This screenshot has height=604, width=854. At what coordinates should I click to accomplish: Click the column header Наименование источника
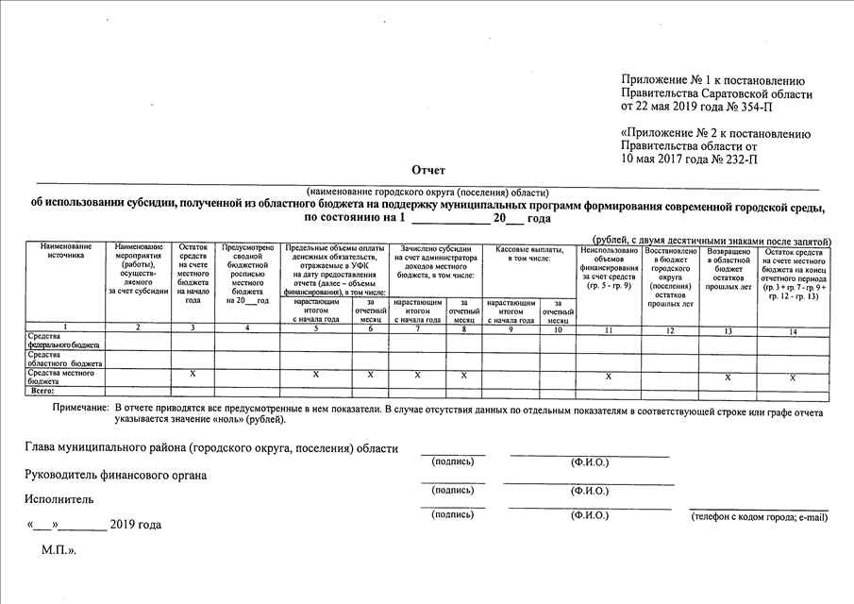point(65,251)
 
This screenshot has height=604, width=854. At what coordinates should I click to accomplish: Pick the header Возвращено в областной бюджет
point(728,268)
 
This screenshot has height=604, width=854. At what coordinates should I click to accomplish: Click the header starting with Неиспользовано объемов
point(609,268)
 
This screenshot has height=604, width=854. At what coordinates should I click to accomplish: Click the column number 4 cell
point(247,328)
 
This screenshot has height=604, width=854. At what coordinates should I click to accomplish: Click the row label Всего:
point(43,390)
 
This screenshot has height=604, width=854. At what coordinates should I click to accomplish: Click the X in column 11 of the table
point(609,377)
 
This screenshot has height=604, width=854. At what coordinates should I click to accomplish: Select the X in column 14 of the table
point(793,377)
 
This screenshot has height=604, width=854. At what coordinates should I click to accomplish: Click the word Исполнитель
point(59,498)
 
